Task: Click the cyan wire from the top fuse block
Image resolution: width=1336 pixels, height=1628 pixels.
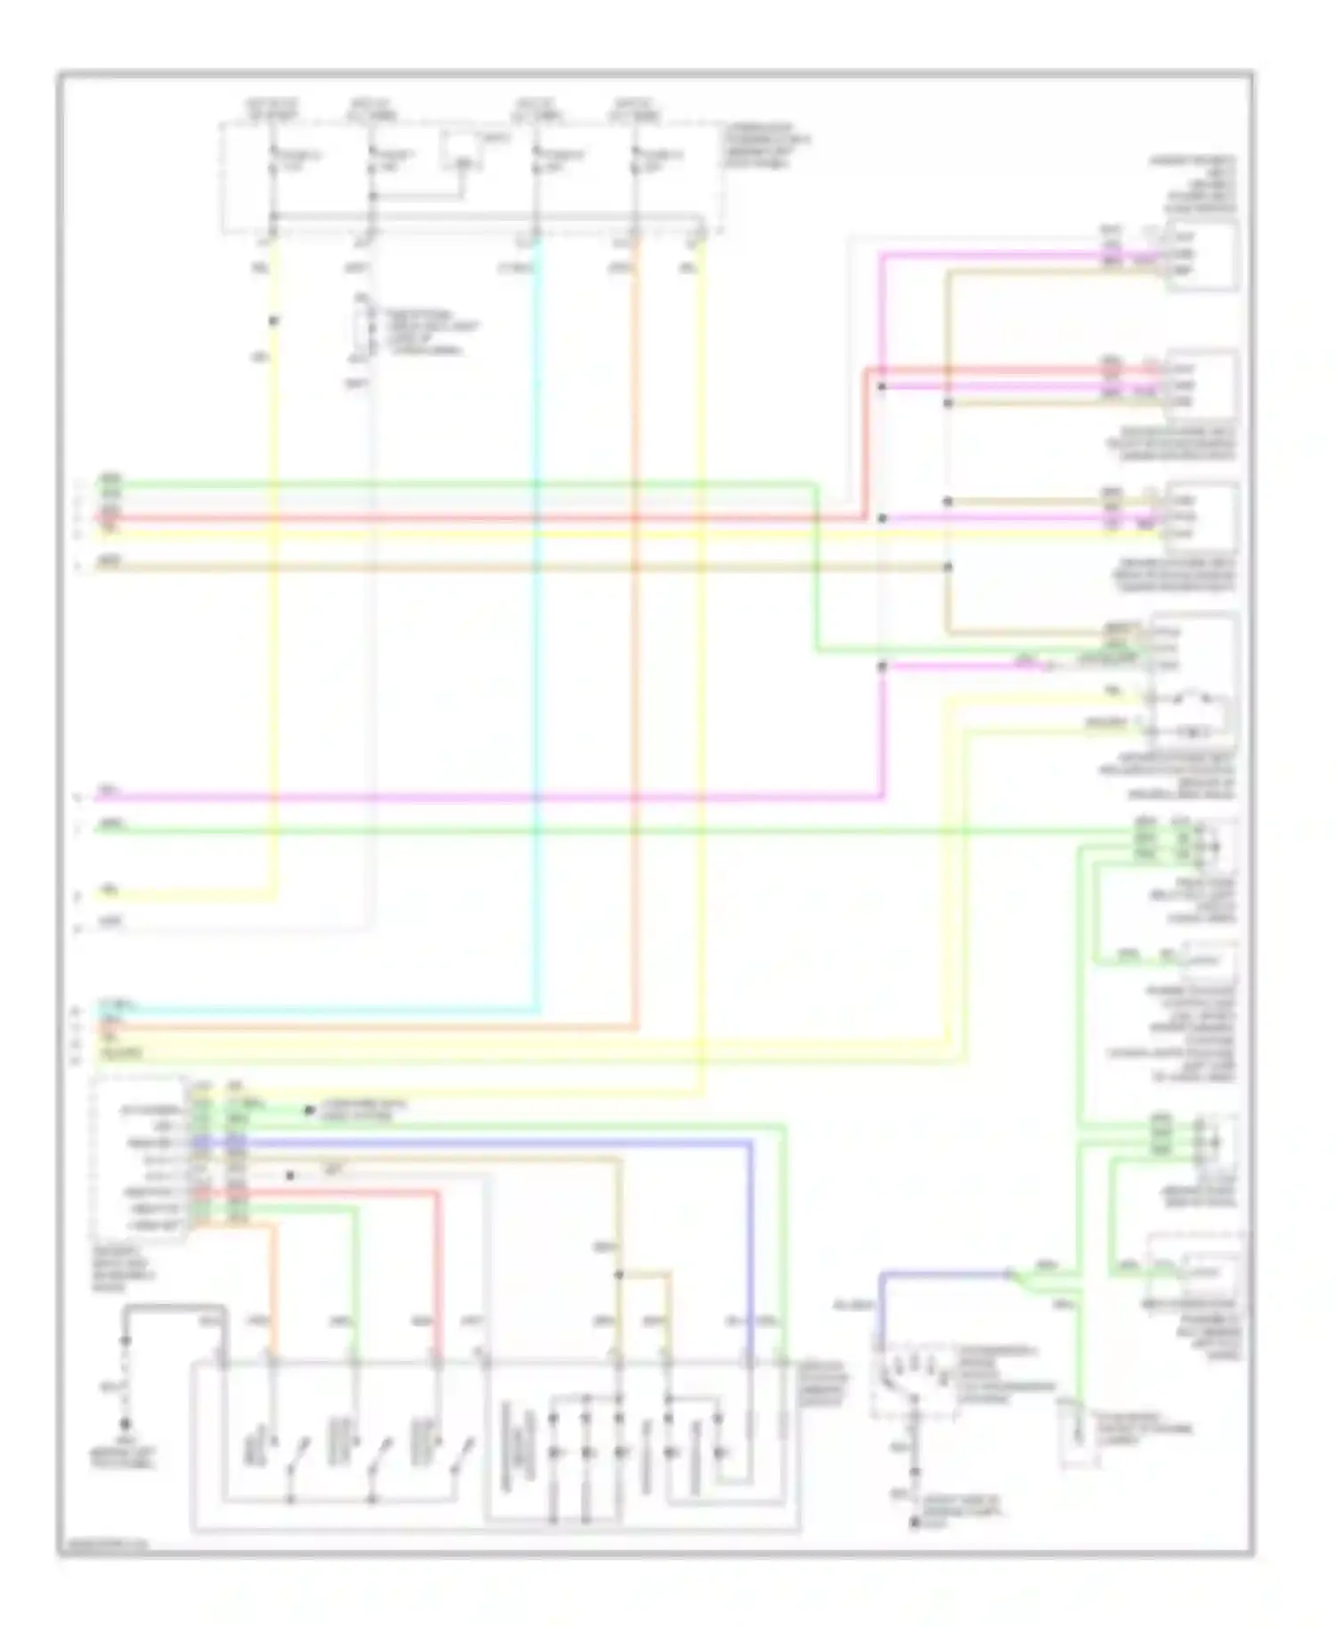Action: pyautogui.click(x=537, y=623)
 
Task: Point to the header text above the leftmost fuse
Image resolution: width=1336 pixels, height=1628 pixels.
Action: pyautogui.click(x=271, y=109)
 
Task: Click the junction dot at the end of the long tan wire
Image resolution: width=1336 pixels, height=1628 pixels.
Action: pyautogui.click(x=948, y=566)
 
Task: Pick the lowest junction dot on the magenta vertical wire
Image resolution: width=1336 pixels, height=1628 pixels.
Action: pyautogui.click(x=882, y=666)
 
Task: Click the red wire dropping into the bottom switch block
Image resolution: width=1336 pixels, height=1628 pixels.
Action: pyautogui.click(x=437, y=1274)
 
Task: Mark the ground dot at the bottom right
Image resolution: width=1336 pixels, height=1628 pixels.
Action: pyautogui.click(x=914, y=1524)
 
